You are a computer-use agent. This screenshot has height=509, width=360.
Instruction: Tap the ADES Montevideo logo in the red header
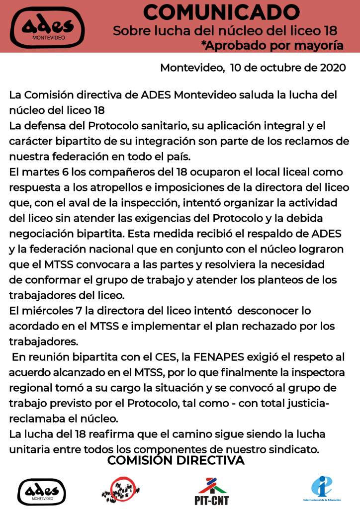[48, 27]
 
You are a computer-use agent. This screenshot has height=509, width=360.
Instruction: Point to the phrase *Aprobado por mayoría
[272, 45]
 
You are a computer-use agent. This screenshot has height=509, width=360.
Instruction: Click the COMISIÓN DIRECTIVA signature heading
[176, 461]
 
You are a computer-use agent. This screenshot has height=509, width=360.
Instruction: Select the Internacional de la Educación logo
[321, 489]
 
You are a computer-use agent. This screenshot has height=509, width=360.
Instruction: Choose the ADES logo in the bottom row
[42, 491]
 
